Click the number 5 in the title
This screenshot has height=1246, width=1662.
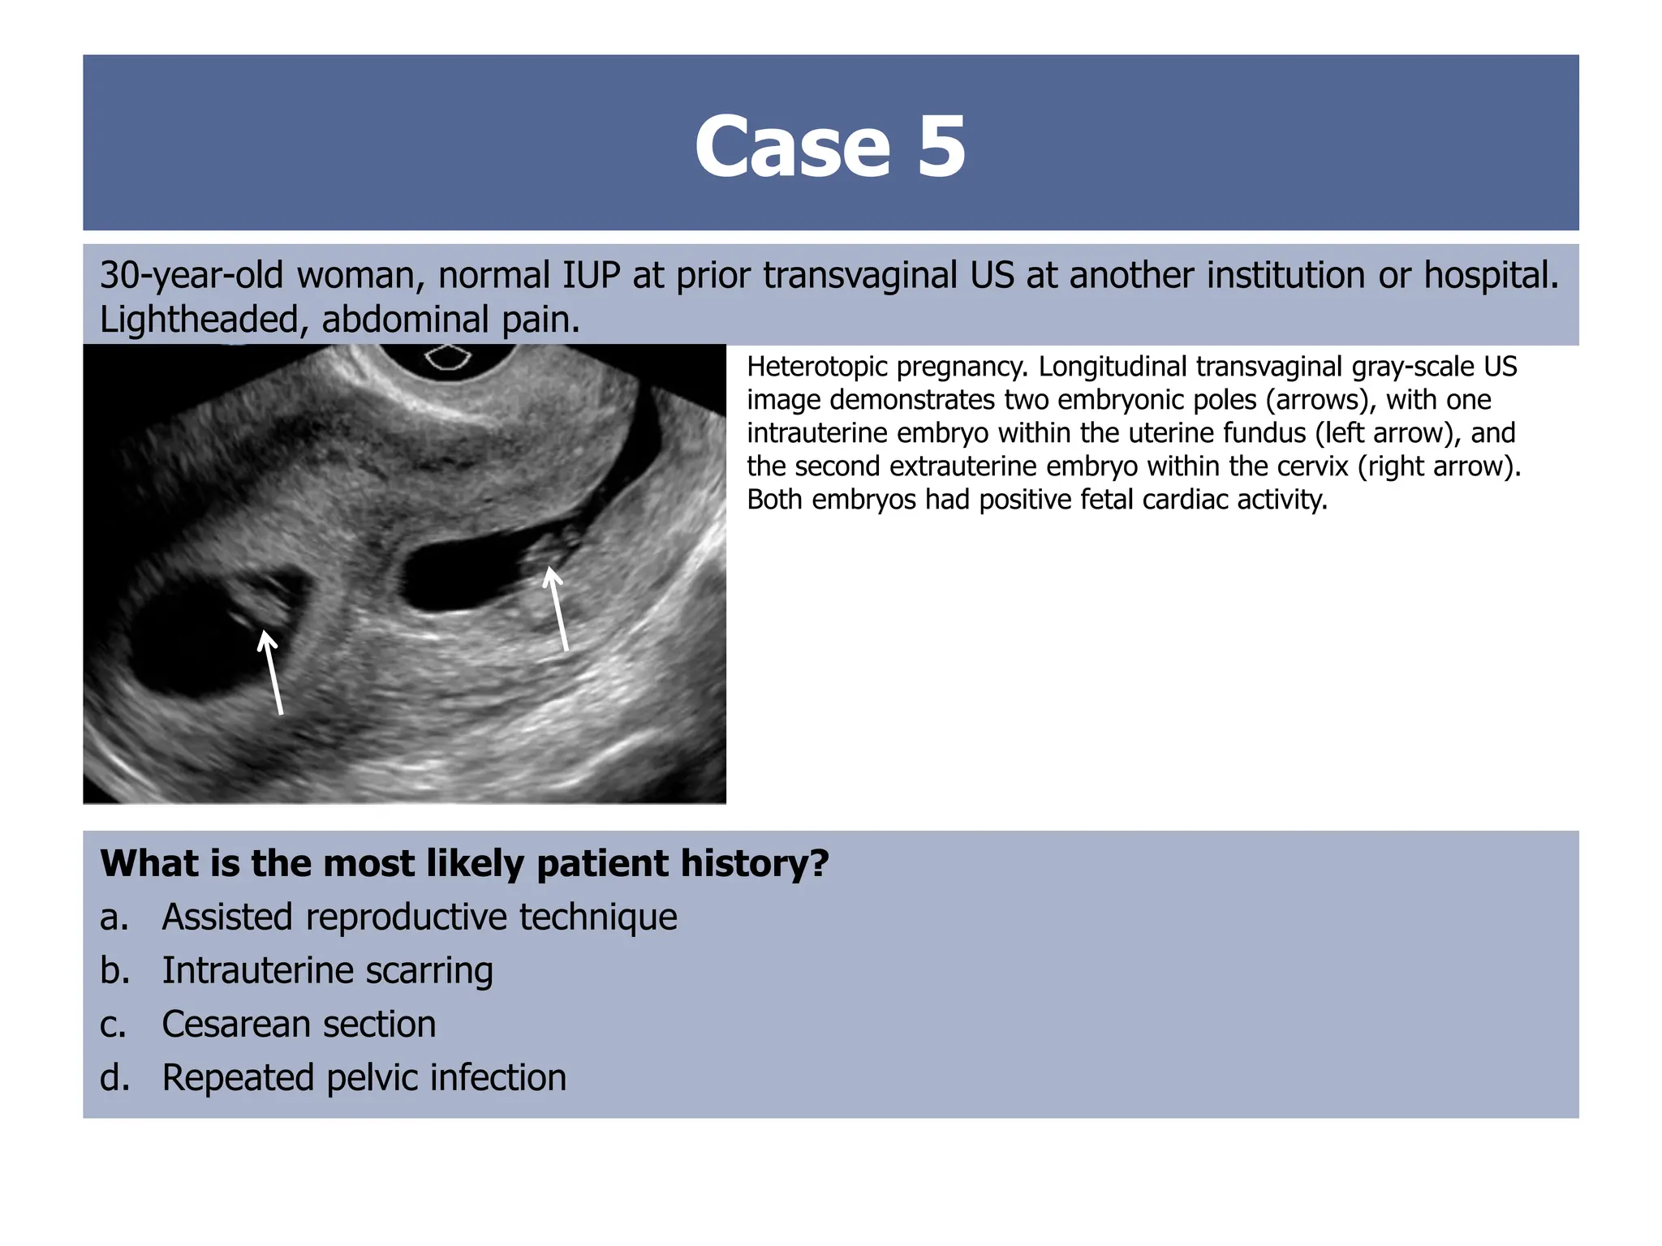pos(941,147)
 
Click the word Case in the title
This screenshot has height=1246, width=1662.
pos(792,147)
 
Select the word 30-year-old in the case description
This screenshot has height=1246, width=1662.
pos(191,276)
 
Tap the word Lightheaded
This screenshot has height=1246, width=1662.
pos(200,320)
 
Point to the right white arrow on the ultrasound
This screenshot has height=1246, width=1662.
pos(558,608)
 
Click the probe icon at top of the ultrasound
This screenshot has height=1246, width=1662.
pos(448,356)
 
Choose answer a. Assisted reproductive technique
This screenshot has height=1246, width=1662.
pos(419,917)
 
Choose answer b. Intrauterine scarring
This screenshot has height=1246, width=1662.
pos(327,971)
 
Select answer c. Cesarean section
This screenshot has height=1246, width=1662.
pos(299,1025)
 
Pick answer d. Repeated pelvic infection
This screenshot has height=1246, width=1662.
pos(364,1078)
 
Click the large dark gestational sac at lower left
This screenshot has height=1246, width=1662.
pos(195,641)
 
